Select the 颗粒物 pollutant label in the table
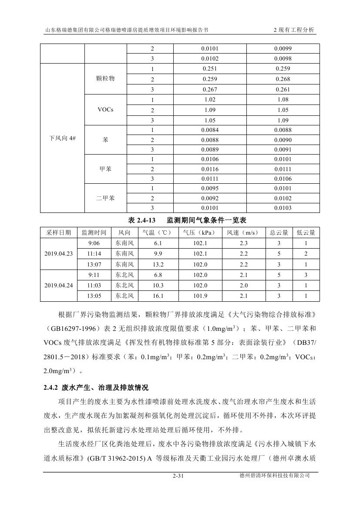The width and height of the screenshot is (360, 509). point(105,79)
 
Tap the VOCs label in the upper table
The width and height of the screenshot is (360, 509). point(105,110)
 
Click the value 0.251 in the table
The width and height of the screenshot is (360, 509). point(210,69)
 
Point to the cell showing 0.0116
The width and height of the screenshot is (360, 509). point(210,169)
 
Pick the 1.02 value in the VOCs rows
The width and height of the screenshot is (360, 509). point(210,100)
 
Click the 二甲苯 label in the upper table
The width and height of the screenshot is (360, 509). point(105,198)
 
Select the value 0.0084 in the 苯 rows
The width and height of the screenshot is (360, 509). point(210,130)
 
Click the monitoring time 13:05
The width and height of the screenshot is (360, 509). point(94,296)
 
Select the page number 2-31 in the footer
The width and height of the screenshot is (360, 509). point(179,476)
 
